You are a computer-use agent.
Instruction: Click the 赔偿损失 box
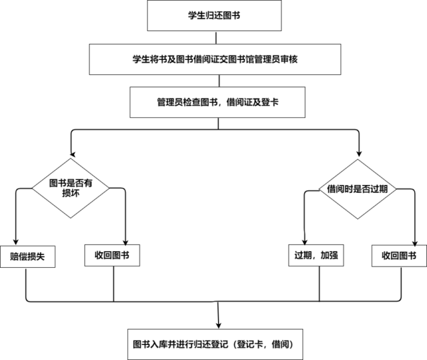tap(27, 256)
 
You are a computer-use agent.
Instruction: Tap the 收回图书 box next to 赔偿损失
tap(113, 256)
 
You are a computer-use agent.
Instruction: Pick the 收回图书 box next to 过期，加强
tap(398, 256)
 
